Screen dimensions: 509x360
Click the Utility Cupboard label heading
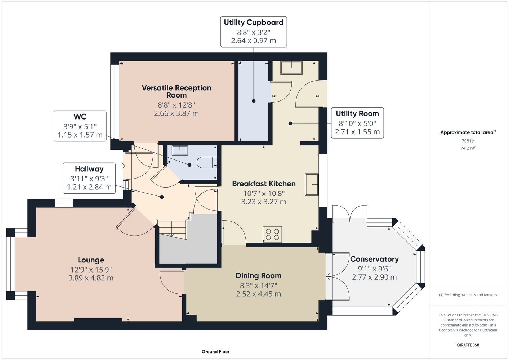(x=254, y=22)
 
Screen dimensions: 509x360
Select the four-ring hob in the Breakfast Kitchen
(x=272, y=234)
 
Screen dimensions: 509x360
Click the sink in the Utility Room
(x=291, y=68)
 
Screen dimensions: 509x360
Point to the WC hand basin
(x=180, y=150)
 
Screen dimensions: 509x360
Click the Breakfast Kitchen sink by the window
(x=312, y=185)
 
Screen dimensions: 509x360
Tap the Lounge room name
(x=91, y=260)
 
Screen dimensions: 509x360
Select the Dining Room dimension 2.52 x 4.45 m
(x=258, y=294)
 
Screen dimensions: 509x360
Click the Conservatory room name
(x=374, y=259)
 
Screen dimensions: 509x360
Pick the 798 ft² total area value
(x=468, y=141)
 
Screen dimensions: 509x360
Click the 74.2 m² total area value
(x=468, y=148)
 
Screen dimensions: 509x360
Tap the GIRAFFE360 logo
(x=468, y=345)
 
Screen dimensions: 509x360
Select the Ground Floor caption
(x=216, y=352)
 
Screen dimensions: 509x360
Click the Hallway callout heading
(x=89, y=169)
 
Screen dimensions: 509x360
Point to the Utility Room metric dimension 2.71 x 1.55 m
(x=357, y=132)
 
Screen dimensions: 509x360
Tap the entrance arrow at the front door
(x=122, y=166)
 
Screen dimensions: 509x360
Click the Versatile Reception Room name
(x=177, y=91)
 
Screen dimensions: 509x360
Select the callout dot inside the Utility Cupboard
(x=254, y=101)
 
